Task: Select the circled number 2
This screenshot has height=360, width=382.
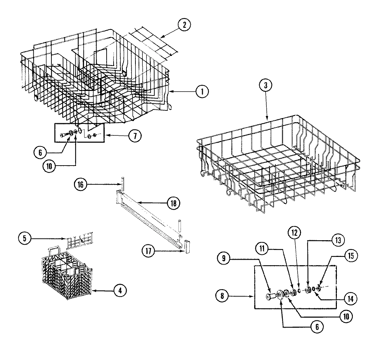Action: [184, 25]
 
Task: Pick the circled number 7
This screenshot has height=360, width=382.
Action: [135, 136]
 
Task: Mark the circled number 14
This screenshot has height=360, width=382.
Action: [351, 299]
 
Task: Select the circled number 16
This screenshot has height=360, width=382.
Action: [80, 185]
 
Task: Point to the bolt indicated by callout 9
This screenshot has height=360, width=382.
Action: [269, 296]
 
